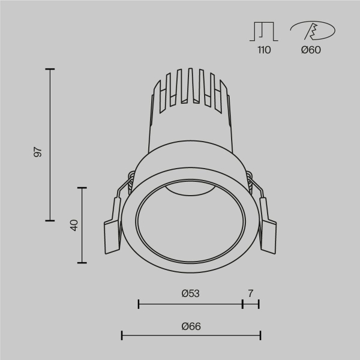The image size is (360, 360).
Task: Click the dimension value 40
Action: (74, 226)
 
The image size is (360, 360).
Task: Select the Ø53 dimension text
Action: (190, 293)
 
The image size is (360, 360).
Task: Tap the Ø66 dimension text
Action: (190, 326)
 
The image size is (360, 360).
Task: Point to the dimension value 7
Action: (251, 293)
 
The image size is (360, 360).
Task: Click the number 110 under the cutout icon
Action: (264, 50)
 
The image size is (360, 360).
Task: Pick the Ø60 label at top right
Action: (311, 50)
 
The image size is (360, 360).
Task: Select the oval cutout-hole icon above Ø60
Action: (312, 30)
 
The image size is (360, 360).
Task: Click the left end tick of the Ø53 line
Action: (139, 304)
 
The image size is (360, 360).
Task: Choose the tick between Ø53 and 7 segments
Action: (242, 304)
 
